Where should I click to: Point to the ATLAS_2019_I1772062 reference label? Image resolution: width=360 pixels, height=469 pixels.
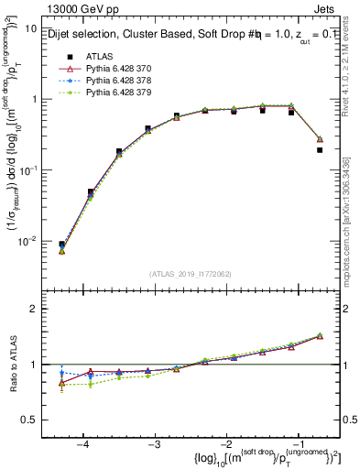(x=190, y=273)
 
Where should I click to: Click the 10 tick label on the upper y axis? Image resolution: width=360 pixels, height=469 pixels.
(x=29, y=28)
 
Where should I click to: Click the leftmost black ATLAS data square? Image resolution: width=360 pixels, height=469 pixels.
(x=61, y=245)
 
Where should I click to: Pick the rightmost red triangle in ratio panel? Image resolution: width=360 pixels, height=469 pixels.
(x=320, y=336)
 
